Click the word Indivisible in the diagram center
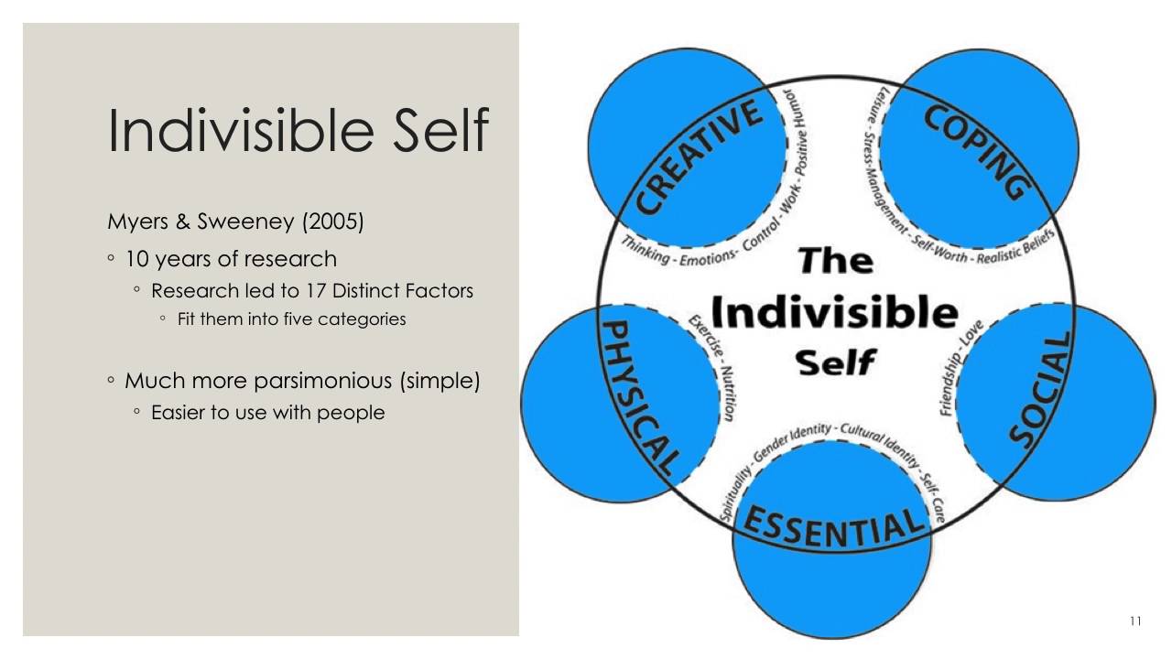833,313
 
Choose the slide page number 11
1135,622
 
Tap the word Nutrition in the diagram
728,394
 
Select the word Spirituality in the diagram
737,490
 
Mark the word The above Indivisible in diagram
835,261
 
